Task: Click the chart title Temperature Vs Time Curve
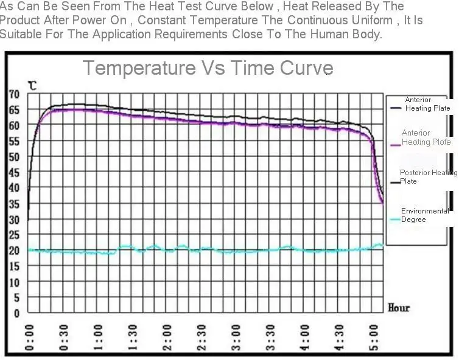tap(208, 67)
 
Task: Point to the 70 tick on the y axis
tap(13, 94)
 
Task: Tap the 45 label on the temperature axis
tap(13, 172)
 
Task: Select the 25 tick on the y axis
tap(13, 235)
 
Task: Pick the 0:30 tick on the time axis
tap(64, 338)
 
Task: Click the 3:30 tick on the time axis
tap(272, 338)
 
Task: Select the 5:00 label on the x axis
tap(376, 338)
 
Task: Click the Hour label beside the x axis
tap(399, 308)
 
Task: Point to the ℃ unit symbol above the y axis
tap(32, 86)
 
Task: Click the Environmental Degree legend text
tap(424, 215)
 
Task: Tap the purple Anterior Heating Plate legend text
tap(426, 137)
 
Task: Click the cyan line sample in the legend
tap(394, 220)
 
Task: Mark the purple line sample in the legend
tap(394, 144)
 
